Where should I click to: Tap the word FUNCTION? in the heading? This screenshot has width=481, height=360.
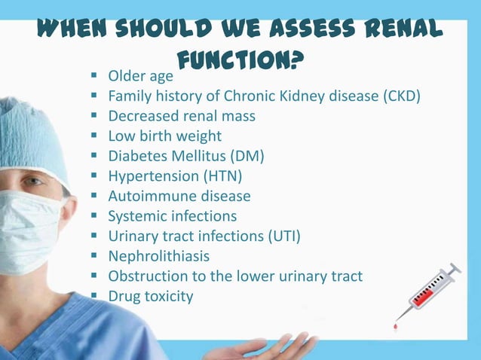[240, 59]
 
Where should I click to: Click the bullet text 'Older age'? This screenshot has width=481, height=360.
[140, 76]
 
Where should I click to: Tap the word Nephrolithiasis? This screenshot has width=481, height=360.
[158, 256]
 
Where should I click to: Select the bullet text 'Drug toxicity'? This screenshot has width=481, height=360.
[150, 296]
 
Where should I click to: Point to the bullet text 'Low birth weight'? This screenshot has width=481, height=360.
[164, 136]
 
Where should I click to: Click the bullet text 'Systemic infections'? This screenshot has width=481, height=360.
[172, 216]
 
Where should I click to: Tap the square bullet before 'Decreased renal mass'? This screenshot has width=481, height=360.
[94, 117]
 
